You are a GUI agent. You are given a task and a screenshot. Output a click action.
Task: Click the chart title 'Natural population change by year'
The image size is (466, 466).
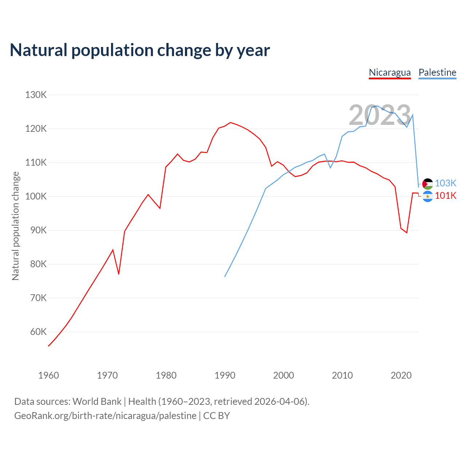pos(140,50)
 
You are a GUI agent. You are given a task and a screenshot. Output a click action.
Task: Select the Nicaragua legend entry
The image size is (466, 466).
pos(390,72)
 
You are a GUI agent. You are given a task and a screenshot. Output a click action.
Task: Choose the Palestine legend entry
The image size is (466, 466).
pos(437,72)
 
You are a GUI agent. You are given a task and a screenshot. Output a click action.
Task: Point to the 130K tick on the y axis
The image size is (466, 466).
pos(36,95)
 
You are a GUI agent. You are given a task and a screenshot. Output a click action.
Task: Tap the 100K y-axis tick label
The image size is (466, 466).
pos(36,197)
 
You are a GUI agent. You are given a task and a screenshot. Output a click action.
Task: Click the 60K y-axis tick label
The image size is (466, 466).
pos(38,332)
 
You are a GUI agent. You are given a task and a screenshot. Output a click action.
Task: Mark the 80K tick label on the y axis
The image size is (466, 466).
pos(38,264)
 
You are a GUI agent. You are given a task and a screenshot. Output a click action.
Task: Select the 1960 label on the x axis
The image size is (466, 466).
pos(48,375)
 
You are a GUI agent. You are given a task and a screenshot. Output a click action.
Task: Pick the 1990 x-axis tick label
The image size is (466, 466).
pos(225,375)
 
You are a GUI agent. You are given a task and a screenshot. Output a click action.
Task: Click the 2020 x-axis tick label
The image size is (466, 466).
pos(401,375)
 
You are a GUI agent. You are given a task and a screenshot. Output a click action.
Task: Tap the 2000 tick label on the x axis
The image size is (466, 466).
pos(284,375)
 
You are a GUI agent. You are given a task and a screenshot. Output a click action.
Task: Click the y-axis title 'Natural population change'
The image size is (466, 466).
pos(16,226)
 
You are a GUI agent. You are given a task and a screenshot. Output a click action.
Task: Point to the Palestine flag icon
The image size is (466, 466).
pos(427,184)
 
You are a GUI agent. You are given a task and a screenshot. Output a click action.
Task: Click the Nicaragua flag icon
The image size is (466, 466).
pos(427,197)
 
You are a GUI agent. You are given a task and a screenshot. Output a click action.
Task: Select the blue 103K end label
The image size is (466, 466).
pos(446,183)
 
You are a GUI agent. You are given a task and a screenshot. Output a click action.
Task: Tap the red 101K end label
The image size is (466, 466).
pos(446,196)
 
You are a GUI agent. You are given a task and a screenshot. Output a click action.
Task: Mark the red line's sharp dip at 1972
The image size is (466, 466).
pos(119,274)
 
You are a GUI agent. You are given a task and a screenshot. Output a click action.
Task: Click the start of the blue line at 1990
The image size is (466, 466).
pos(225,277)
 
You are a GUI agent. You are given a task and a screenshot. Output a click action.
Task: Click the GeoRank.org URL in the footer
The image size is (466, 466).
pos(105,416)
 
